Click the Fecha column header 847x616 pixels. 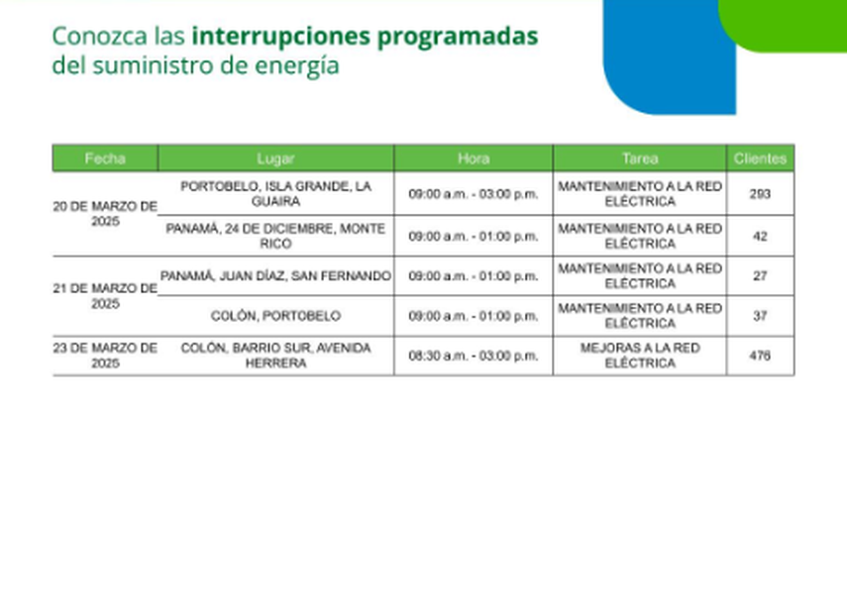(x=105, y=158)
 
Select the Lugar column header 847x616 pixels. (x=275, y=158)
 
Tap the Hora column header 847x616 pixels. (x=474, y=158)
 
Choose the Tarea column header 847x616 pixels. (x=639, y=158)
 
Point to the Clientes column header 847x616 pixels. (x=760, y=158)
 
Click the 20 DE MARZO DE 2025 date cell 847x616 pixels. (x=105, y=214)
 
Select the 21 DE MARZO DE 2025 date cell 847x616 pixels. (x=105, y=296)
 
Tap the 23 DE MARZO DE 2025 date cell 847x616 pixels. (x=105, y=356)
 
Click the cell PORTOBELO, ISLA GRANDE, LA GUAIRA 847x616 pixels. (x=275, y=193)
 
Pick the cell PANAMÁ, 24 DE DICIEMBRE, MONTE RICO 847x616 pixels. (x=275, y=236)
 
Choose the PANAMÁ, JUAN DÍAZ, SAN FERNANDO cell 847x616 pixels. (x=275, y=276)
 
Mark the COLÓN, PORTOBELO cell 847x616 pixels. (x=275, y=316)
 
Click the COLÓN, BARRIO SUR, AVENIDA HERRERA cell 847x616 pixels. (x=275, y=356)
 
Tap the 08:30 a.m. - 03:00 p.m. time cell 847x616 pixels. (x=474, y=356)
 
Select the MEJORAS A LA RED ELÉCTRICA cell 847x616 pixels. (x=639, y=356)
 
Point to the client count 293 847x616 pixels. (x=760, y=194)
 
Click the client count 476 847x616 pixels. (x=760, y=356)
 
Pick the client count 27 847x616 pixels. (x=760, y=276)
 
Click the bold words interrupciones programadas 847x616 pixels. (x=365, y=37)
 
